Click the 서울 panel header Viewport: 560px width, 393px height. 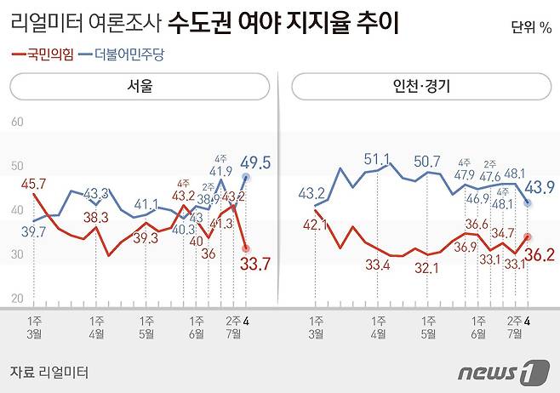coord(140,87)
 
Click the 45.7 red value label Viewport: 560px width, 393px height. coord(34,183)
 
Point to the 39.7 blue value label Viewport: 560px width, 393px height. coord(34,231)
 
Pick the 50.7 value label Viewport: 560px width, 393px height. coord(426,161)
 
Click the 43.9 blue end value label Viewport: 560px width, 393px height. coord(538,188)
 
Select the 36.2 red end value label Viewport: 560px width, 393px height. coord(538,254)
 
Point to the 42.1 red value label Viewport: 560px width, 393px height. coord(313,225)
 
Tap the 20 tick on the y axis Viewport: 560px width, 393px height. coord(17,299)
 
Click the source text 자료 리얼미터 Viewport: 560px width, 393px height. coord(49,372)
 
